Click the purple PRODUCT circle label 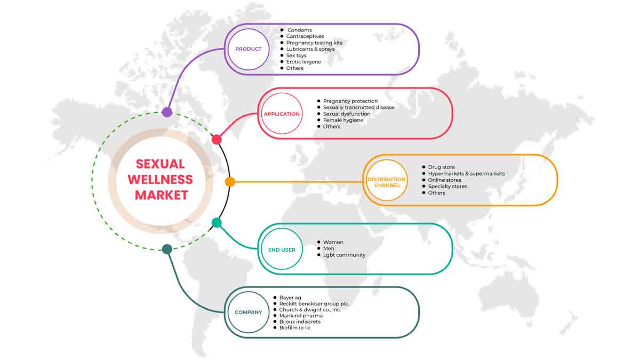tap(249, 49)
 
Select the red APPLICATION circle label tap(282, 114)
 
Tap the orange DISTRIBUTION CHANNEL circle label tap(387, 182)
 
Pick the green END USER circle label tap(282, 250)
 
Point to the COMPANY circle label tap(249, 313)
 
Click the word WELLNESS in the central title tap(161, 179)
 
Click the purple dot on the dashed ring tap(167, 112)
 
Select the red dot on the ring tap(217, 140)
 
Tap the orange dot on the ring tap(230, 182)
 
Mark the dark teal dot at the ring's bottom tap(167, 249)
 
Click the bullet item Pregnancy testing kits tap(314, 43)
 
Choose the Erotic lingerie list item tap(303, 62)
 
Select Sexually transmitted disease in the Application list tap(358, 107)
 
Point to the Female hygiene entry tap(343, 120)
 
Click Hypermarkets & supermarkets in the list tap(466, 173)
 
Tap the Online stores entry tap(444, 180)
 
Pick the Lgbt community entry tap(345, 255)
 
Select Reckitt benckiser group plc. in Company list tap(314, 303)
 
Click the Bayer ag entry tap(290, 298)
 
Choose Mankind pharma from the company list tap(301, 315)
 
